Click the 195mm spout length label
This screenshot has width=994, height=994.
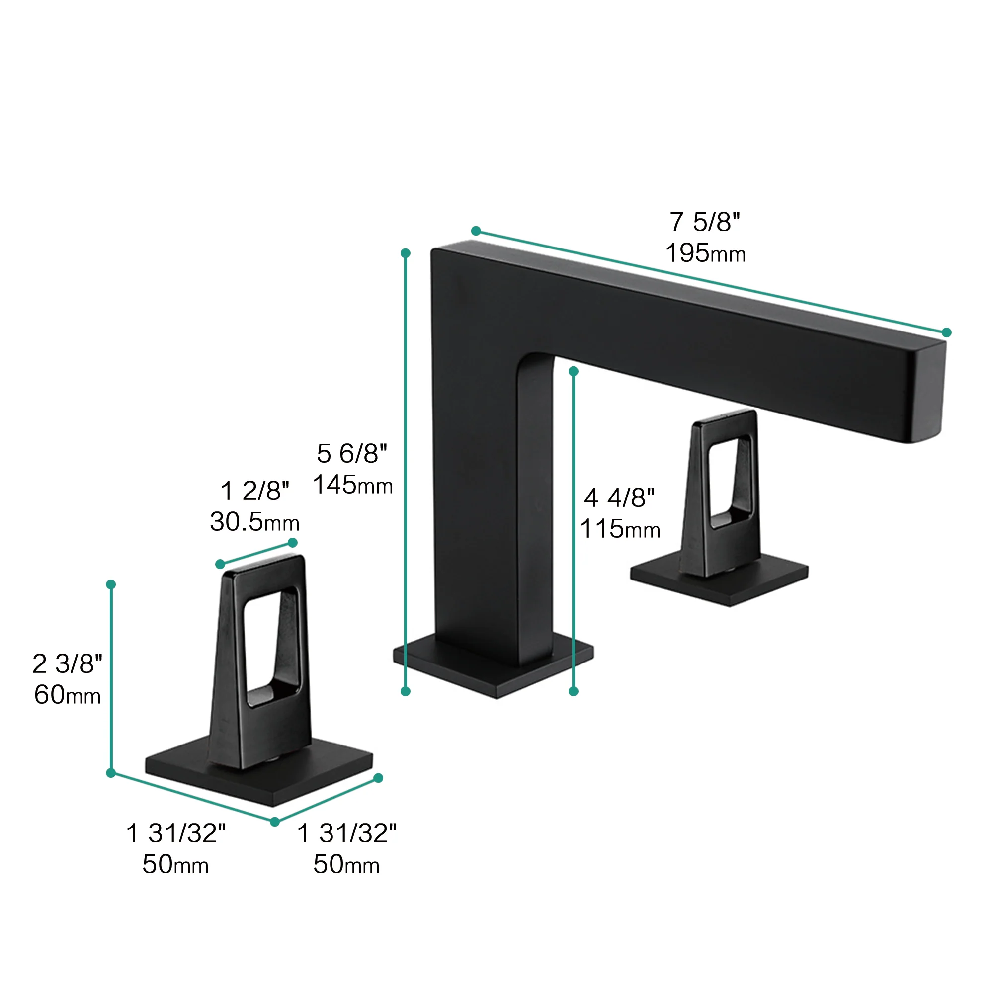pyautogui.click(x=705, y=253)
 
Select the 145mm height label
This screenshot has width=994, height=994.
pyautogui.click(x=352, y=485)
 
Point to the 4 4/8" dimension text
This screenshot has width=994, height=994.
pyautogui.click(x=619, y=497)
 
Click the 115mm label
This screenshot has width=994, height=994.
pyautogui.click(x=619, y=529)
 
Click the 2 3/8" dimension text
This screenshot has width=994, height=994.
pyautogui.click(x=67, y=663)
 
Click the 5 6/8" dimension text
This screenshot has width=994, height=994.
pyautogui.click(x=352, y=453)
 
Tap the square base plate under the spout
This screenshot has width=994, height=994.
pyautogui.click(x=494, y=671)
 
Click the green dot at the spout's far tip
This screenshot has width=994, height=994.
pyautogui.click(x=946, y=332)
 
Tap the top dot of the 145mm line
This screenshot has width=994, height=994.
pyautogui.click(x=406, y=253)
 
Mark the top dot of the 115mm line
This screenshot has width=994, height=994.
pyautogui.click(x=573, y=371)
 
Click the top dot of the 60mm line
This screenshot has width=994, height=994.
pyautogui.click(x=111, y=584)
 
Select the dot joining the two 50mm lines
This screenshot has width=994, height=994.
pyautogui.click(x=275, y=822)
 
